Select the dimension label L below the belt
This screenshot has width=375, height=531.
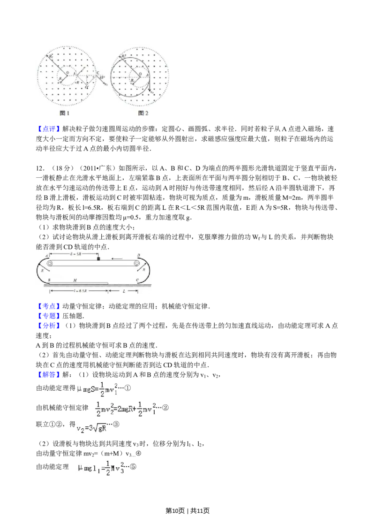point(123,291)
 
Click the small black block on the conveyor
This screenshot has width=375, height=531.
point(98,258)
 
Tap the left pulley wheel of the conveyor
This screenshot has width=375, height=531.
point(50,264)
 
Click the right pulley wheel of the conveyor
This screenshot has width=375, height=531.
point(136,264)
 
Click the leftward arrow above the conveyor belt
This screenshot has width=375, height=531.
point(118,258)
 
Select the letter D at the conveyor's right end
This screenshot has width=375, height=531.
point(138,255)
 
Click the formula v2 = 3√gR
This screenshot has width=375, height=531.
point(92,428)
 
